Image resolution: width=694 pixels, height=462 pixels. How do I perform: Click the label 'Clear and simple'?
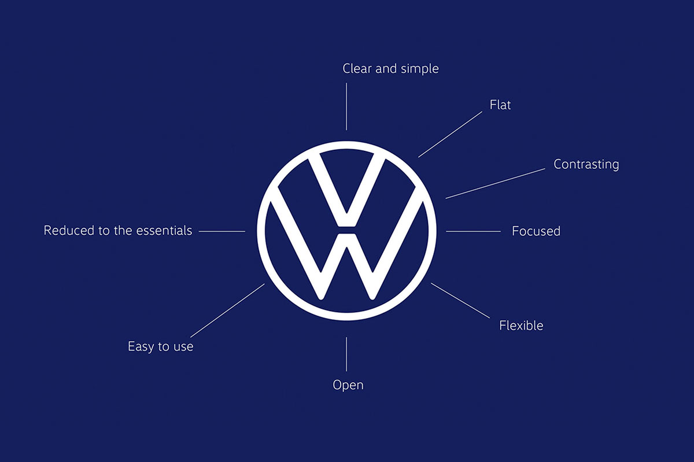(x=390, y=69)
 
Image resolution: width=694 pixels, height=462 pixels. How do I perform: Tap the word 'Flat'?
(x=500, y=105)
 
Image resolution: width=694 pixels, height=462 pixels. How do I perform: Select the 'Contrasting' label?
(x=586, y=164)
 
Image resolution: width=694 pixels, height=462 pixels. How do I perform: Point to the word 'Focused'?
(x=536, y=231)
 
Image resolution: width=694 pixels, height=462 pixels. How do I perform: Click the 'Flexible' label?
(x=521, y=326)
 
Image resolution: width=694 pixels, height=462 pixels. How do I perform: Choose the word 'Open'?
(x=348, y=385)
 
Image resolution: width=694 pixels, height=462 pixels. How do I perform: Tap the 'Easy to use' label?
(x=161, y=346)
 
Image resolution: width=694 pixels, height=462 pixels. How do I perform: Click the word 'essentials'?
(x=164, y=231)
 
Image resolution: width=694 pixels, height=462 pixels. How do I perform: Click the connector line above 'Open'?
(x=346, y=354)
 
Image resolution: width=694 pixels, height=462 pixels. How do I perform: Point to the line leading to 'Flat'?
(x=450, y=135)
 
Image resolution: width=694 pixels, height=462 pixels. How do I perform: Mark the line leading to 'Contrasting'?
(x=495, y=183)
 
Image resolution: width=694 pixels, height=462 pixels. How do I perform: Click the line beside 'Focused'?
(x=473, y=231)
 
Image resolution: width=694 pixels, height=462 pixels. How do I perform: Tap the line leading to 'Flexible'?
(x=460, y=301)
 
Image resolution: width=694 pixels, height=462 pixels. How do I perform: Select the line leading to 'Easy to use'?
(x=227, y=311)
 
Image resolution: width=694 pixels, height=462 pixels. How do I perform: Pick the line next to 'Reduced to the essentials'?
(x=222, y=231)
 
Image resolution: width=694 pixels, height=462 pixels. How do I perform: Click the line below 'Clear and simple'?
(x=346, y=106)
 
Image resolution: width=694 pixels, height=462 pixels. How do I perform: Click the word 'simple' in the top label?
(x=420, y=69)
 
